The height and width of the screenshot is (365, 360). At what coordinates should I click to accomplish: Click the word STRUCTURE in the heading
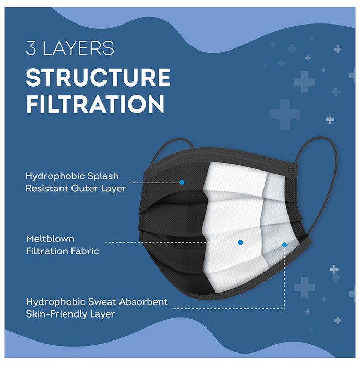(98, 78)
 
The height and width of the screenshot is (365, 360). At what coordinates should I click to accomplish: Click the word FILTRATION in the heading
(95, 104)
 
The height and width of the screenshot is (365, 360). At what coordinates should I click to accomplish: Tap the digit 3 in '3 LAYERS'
(31, 48)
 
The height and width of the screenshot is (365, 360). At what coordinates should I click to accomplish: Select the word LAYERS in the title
(78, 48)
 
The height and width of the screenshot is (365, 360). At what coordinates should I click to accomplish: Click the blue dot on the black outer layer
(182, 182)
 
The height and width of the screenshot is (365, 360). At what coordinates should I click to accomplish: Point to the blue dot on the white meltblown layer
(241, 242)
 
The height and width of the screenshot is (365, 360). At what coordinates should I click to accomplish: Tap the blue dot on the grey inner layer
(284, 245)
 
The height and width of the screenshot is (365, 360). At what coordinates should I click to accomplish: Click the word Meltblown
(50, 239)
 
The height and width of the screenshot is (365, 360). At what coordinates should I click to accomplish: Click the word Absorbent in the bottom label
(143, 302)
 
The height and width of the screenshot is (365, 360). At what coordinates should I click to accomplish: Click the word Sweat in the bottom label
(102, 302)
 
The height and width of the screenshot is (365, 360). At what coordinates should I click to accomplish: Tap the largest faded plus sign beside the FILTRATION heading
(284, 114)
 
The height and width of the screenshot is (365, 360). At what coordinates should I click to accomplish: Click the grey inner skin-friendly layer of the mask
(277, 221)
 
